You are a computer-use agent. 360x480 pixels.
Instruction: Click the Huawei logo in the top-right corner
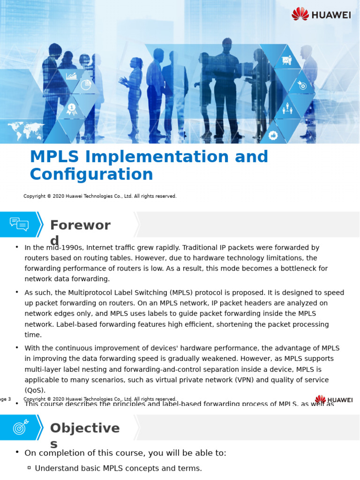(321, 14)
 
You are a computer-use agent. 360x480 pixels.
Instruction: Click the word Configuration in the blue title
(91, 174)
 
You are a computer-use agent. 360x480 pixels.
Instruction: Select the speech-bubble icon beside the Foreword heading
(19, 224)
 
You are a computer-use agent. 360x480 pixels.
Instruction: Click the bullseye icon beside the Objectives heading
(21, 427)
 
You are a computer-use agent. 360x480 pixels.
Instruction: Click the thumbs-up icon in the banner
(273, 135)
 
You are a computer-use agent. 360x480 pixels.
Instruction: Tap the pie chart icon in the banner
(86, 84)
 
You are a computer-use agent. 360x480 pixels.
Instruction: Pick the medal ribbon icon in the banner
(71, 109)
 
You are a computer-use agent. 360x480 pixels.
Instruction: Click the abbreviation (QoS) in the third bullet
(35, 390)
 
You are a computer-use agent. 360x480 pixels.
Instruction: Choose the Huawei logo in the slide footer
(334, 400)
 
